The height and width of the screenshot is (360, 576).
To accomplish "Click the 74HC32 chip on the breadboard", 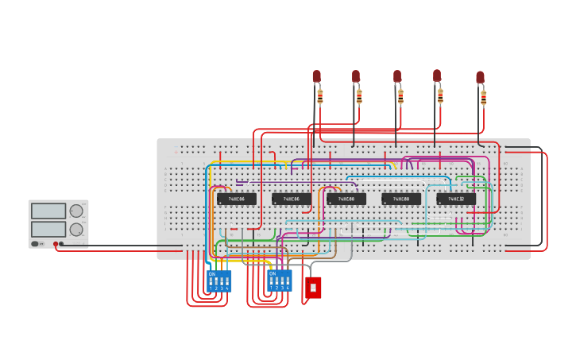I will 456,199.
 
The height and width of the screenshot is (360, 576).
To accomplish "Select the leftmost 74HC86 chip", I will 237,199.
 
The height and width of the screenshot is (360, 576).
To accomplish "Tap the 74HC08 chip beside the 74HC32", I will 401,199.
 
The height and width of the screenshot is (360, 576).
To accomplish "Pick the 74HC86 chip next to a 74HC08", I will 292,199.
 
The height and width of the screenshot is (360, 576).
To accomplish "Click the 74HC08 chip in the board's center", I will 346,199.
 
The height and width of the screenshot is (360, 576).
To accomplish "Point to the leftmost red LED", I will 316,75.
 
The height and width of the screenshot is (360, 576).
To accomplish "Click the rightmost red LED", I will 480,77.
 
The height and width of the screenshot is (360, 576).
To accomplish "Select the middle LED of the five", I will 397,76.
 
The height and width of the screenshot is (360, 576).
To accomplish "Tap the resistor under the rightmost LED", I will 483,98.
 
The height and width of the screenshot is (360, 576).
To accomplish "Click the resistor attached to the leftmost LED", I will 320,96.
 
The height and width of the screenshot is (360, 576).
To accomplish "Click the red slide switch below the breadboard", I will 313,287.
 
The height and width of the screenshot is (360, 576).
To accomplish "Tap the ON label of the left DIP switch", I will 211,274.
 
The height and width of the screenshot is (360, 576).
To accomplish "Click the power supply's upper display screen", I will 48,211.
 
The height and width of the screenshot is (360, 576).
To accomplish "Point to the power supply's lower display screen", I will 48,229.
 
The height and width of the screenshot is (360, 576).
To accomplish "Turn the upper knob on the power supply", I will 76,211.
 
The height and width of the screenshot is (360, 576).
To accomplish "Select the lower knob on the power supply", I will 76,230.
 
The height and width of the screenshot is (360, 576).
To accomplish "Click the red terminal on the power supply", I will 56,244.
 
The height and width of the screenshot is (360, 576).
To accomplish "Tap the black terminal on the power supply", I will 61,244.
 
